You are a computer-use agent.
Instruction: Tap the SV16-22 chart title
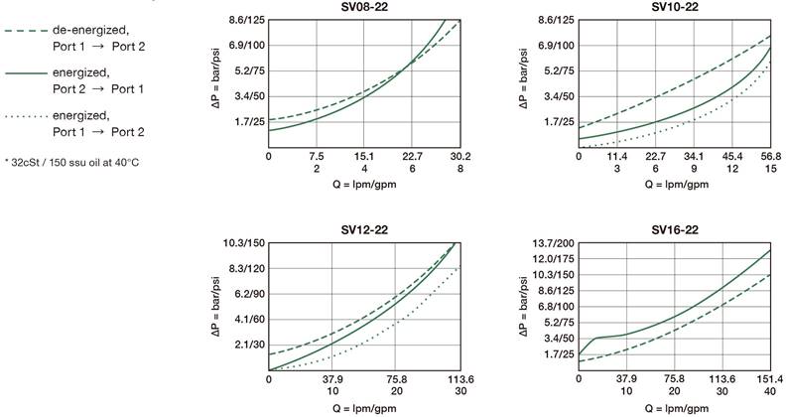coord(674,230)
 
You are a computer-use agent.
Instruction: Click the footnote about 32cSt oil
coord(70,162)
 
